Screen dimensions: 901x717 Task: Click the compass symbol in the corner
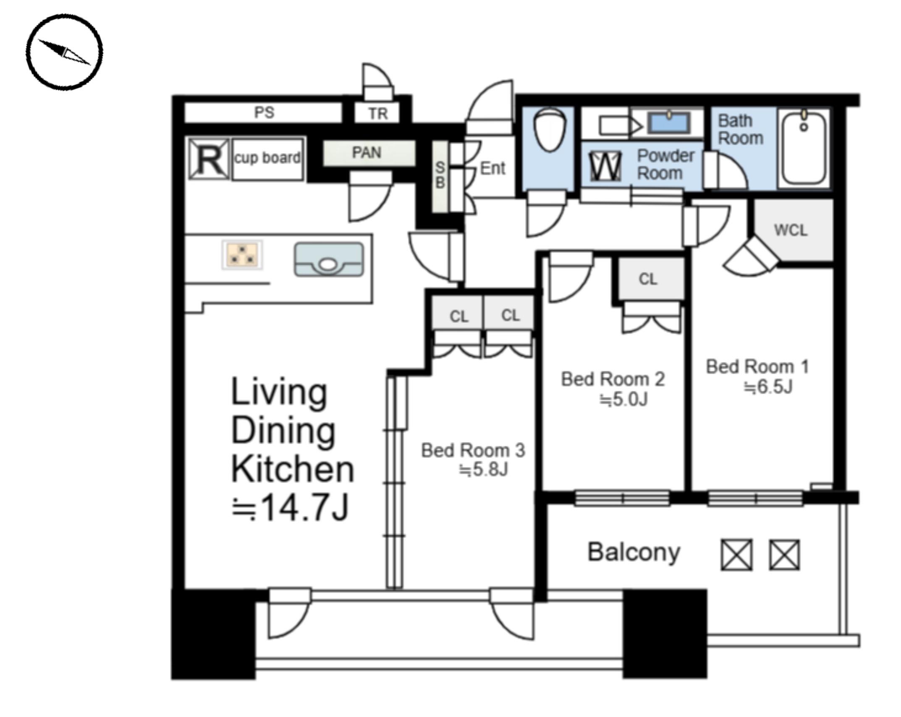[64, 52]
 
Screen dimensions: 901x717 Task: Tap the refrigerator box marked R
[209, 159]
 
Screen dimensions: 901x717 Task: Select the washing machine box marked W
[605, 166]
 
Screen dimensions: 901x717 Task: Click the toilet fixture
[549, 129]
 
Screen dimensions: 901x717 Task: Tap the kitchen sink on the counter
[329, 259]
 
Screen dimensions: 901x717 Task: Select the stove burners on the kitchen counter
[242, 254]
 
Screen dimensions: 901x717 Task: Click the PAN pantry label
[367, 152]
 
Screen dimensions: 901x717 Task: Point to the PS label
[264, 113]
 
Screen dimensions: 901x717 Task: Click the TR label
[378, 114]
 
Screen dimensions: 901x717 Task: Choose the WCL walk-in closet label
[791, 230]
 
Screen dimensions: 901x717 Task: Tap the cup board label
[267, 158]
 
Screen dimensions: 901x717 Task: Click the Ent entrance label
[492, 168]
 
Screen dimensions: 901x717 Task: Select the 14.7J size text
[290, 508]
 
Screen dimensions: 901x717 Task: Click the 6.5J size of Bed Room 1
[768, 387]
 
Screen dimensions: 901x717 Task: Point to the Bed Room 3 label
[473, 450]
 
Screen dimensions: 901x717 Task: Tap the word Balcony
[634, 553]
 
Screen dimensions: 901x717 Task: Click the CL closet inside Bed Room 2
[648, 279]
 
